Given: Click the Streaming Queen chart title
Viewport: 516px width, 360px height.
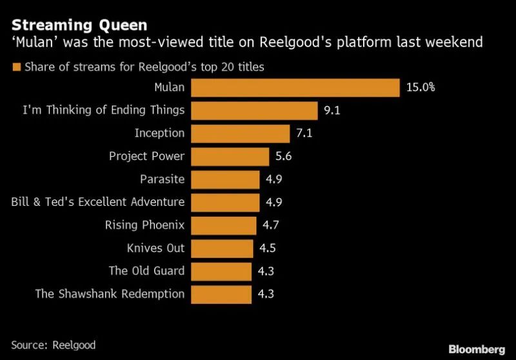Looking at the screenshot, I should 79,26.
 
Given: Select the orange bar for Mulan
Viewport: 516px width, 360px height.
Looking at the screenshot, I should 295,88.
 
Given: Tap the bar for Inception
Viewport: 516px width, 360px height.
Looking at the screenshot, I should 241,134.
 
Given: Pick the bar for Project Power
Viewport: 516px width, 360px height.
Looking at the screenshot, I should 230,156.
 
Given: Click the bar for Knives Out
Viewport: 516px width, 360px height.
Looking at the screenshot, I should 222,248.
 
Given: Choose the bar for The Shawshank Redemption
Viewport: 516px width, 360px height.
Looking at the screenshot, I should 221,294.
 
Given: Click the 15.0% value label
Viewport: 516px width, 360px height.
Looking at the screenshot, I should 421,88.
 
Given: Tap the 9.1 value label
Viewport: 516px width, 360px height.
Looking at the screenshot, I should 332,111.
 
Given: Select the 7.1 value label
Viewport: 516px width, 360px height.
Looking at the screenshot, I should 304,134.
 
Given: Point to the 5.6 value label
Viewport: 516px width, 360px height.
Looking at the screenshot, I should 283,156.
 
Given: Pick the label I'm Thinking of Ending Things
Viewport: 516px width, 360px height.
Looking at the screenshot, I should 104,110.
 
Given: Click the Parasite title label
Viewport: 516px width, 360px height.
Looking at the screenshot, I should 162,179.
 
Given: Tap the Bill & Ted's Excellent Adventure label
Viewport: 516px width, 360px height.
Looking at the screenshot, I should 98,202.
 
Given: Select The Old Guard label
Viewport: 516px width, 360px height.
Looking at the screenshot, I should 146,271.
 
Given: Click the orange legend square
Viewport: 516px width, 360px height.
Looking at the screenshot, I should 17,66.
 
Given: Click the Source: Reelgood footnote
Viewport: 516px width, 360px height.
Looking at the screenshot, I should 54,345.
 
